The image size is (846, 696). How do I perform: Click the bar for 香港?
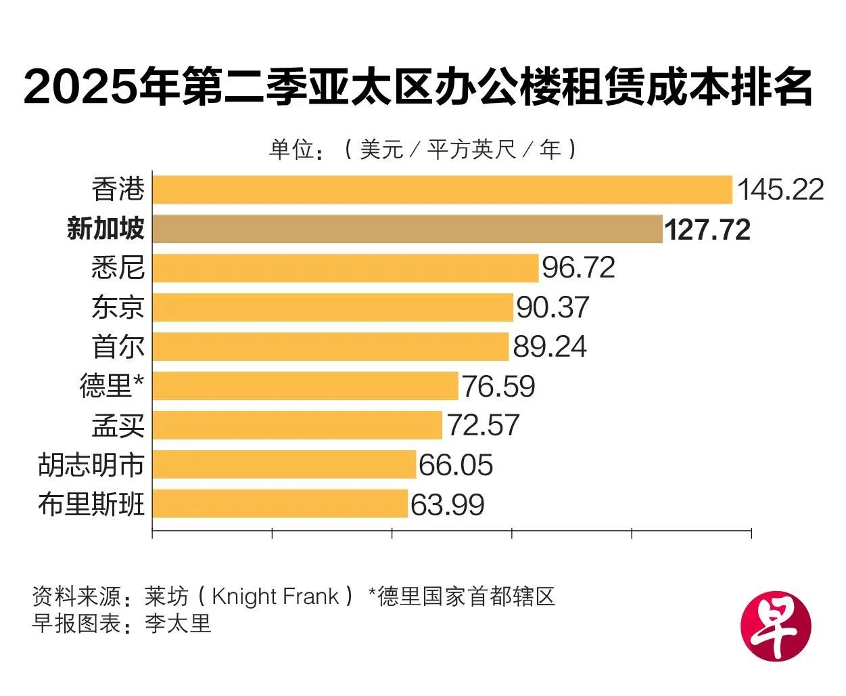point(442,190)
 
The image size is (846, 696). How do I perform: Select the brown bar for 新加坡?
point(407,229)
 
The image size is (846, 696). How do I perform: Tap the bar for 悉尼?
point(345,268)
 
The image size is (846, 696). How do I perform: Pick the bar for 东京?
point(333,307)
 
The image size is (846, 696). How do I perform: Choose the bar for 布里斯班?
point(280,504)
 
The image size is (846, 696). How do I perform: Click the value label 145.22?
point(780,190)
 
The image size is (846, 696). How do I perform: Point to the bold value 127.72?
point(707,230)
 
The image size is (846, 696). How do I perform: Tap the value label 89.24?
point(550,347)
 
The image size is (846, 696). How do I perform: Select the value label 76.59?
point(498,386)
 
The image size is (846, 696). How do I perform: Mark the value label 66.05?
point(456,465)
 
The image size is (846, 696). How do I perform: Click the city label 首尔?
point(118,347)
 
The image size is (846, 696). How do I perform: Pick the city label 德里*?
point(112,386)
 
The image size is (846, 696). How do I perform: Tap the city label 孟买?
point(118,426)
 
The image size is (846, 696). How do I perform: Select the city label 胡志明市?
point(91,465)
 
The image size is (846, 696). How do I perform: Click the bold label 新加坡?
point(105,229)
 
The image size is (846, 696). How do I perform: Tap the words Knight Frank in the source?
point(275,596)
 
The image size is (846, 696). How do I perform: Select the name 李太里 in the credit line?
point(178,623)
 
